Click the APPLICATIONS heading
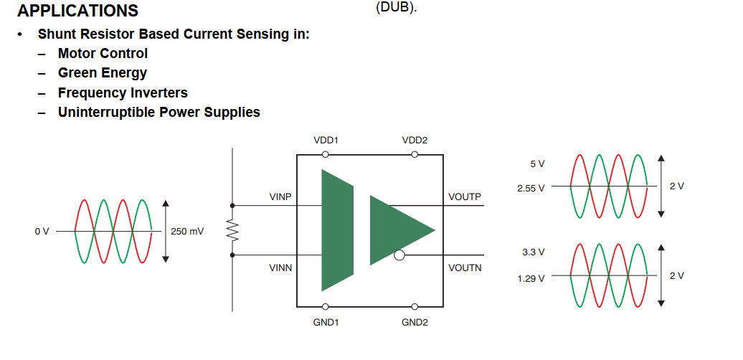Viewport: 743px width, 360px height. tap(77, 11)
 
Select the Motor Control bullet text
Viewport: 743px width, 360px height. tap(103, 53)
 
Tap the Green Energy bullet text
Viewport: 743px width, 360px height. tap(103, 72)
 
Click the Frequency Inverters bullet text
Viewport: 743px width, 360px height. tap(123, 93)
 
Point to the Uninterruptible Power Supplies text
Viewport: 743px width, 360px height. tap(159, 112)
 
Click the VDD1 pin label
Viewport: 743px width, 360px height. tap(326, 140)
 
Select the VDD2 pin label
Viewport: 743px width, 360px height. tap(415, 140)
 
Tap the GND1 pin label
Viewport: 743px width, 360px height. tap(326, 322)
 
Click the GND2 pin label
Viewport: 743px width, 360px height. tap(415, 322)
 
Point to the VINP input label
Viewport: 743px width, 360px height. tap(280, 196)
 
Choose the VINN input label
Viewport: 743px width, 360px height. tap(280, 267)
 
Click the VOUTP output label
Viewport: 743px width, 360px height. tap(465, 196)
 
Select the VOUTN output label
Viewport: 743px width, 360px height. tap(465, 267)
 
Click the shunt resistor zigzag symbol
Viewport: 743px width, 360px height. tap(232, 230)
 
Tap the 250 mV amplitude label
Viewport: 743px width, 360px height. tap(188, 232)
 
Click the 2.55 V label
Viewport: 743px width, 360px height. tap(531, 188)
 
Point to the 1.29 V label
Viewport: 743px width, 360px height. tap(531, 278)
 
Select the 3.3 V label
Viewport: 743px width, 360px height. tap(534, 252)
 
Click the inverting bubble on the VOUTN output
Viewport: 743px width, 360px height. tap(399, 255)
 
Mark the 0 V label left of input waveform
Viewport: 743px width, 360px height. tap(42, 232)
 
